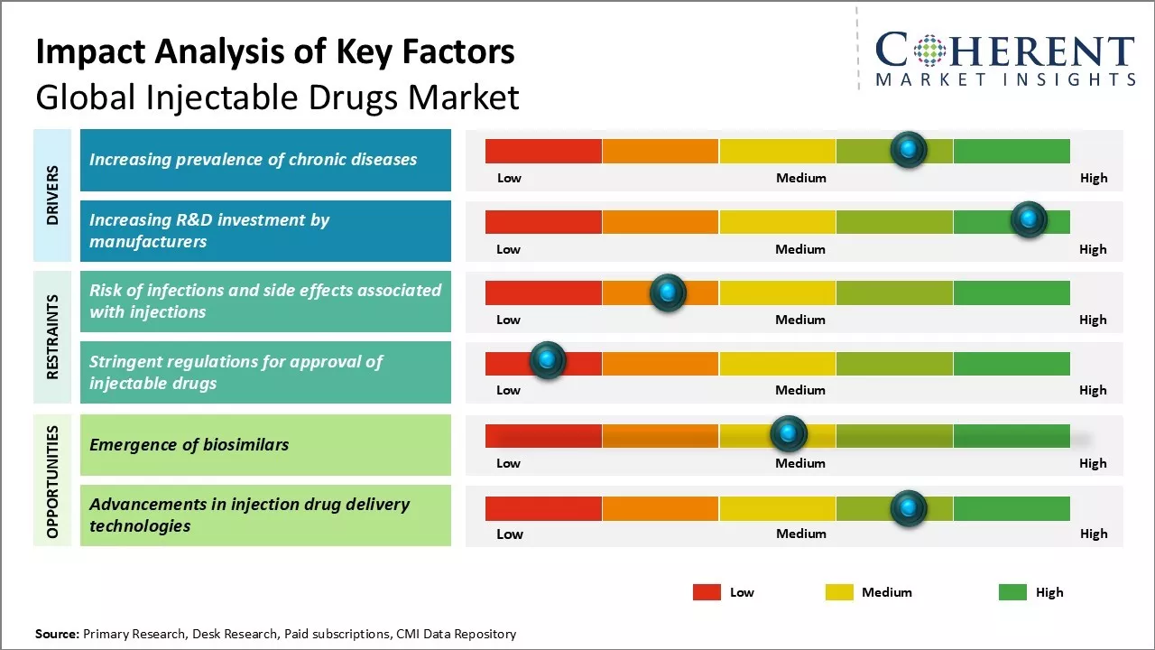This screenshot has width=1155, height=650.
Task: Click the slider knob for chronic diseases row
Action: click(x=909, y=149)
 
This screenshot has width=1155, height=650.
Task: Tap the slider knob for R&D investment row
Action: click(x=1028, y=219)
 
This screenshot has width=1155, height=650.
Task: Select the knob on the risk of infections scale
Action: click(x=668, y=292)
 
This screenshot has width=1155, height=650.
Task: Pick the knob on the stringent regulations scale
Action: click(x=547, y=361)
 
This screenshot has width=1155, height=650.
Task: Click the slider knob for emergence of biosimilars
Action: click(x=789, y=434)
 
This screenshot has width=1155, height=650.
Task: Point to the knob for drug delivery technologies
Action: click(x=909, y=508)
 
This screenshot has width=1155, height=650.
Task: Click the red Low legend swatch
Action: click(x=707, y=592)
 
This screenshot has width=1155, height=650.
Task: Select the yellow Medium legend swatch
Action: click(x=839, y=592)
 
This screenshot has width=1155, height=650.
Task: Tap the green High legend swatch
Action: click(x=1012, y=592)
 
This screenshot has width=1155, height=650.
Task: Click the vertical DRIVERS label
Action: click(x=52, y=195)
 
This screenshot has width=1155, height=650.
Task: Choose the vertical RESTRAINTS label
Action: click(x=52, y=337)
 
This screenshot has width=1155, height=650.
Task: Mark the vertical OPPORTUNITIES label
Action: click(x=52, y=481)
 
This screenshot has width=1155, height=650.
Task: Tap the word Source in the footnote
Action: click(x=56, y=634)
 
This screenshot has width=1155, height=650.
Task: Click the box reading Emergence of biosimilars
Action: click(x=265, y=444)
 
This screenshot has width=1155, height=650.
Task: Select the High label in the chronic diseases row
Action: click(x=1094, y=178)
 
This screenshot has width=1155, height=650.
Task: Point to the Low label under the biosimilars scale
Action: click(x=508, y=463)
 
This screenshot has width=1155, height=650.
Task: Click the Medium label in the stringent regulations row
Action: click(x=800, y=390)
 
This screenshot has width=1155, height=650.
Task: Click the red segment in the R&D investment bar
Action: click(x=543, y=222)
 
